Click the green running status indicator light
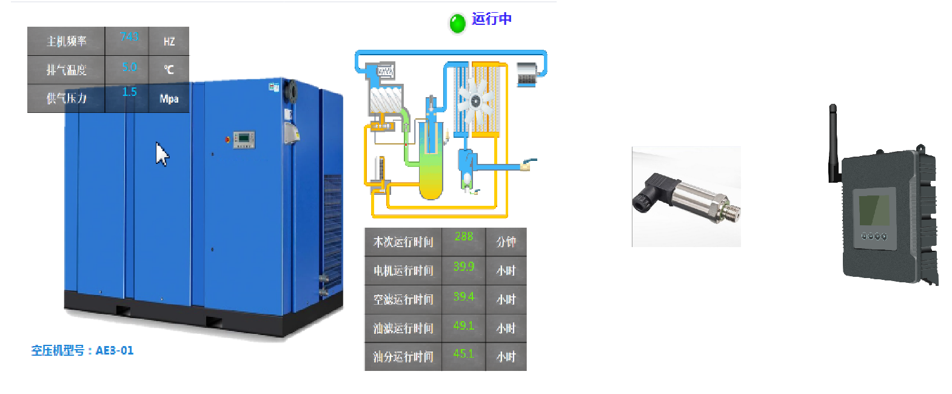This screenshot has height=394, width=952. (457, 23)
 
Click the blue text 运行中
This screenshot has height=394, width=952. (492, 19)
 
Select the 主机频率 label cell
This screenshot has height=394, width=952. (66, 41)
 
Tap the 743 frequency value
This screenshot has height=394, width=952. (129, 37)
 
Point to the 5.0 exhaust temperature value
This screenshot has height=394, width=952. (129, 67)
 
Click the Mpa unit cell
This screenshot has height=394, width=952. (169, 98)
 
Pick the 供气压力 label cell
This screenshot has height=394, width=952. (66, 98)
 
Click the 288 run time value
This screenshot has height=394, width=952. (464, 237)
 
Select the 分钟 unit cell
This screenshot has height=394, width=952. (506, 242)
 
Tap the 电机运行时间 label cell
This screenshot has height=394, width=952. (403, 271)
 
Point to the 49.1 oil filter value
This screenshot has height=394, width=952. (464, 326)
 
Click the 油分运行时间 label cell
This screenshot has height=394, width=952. (403, 357)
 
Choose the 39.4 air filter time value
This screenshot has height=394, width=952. (464, 297)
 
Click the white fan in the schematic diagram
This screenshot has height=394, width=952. (475, 101)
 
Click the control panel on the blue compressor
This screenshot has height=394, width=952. (244, 139)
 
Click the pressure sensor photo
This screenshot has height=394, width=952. (686, 197)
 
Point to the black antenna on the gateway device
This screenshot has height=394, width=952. (833, 143)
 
